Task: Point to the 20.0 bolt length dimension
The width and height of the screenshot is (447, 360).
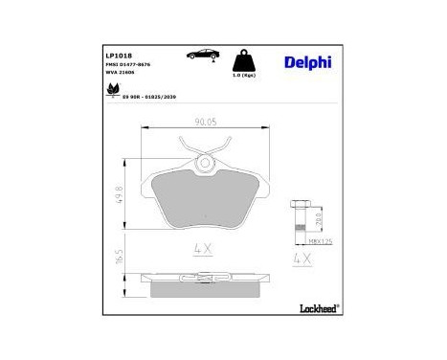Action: [x=317, y=222]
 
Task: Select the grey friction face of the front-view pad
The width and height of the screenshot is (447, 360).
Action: [x=203, y=202]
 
